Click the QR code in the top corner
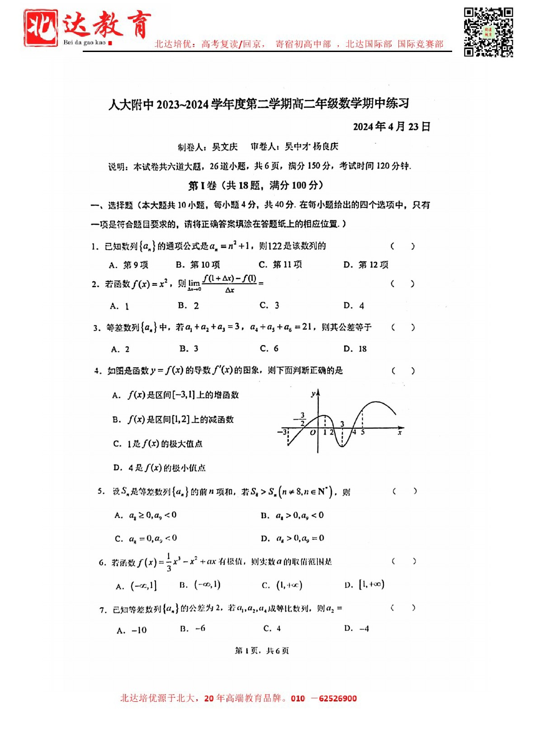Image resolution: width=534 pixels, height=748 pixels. click(488, 32)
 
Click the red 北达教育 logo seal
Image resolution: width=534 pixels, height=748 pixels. click(41, 28)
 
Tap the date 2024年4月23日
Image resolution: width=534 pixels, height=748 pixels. click(391, 127)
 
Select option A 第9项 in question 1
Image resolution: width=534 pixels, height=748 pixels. click(129, 265)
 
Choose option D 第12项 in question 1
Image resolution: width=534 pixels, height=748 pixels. click(366, 265)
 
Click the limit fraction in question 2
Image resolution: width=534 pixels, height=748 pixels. click(230, 284)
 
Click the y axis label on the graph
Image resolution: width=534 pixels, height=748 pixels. click(313, 394)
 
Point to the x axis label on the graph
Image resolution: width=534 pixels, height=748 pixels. click(400, 433)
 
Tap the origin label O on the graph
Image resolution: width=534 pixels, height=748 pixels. click(312, 433)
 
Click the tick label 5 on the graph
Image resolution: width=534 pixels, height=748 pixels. click(363, 432)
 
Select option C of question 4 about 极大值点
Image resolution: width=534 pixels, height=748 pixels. click(158, 444)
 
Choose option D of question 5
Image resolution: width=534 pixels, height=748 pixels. click(293, 538)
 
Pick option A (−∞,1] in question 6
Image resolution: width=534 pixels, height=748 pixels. click(137, 586)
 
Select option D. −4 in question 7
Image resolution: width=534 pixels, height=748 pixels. click(357, 629)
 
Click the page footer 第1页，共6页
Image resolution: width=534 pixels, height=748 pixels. click(262, 650)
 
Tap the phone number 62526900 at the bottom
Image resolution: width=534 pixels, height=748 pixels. click(337, 698)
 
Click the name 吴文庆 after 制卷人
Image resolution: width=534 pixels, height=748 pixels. click(225, 147)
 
